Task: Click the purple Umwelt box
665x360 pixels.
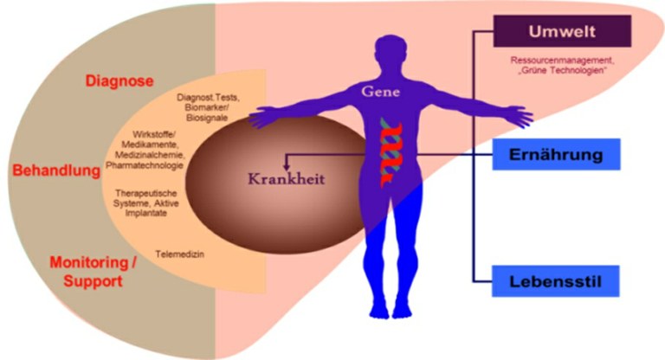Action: (564, 32)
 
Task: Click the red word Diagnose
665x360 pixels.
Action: (119, 81)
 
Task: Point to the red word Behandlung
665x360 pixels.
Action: (57, 170)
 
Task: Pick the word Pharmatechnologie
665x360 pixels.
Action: (144, 164)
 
